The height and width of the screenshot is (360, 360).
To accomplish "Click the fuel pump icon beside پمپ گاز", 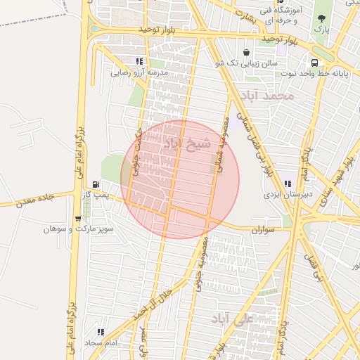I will click(x=96, y=184).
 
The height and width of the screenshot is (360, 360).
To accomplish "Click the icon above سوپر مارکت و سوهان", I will click(x=78, y=219).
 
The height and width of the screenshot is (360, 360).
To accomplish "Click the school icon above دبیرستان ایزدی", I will click(x=287, y=183).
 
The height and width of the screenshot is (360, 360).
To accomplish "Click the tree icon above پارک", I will click(x=321, y=19).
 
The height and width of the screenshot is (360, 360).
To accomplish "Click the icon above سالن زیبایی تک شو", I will click(x=245, y=52).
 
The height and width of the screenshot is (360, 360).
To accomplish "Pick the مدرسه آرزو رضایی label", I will click(x=139, y=72).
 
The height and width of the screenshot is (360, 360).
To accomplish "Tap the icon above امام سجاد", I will click(x=101, y=332).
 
